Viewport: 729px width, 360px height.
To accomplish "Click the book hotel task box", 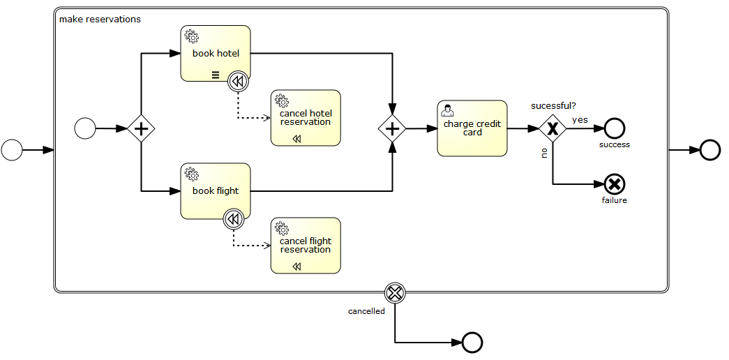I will click(216, 53).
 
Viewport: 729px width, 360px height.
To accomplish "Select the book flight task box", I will click(216, 190).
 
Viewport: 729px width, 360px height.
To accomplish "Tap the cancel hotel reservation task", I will click(306, 118).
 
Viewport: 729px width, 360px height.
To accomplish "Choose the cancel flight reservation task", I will click(306, 246).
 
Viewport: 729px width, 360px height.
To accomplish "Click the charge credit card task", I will click(472, 128).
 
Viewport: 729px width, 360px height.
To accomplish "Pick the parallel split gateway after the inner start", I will click(141, 129).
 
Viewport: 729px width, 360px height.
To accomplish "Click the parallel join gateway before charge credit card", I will click(392, 129).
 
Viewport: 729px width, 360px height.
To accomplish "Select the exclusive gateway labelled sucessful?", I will click(553, 128).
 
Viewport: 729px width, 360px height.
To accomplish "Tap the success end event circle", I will click(614, 128).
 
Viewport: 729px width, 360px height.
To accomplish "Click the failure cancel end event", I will click(614, 185).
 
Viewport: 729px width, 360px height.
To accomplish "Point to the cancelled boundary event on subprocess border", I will click(395, 292).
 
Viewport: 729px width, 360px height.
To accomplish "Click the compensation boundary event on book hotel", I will click(237, 82).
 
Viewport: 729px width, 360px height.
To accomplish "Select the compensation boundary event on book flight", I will click(233, 220).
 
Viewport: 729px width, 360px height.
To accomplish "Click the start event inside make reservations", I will click(85, 128).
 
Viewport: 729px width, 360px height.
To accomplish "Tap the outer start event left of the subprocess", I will click(12, 150).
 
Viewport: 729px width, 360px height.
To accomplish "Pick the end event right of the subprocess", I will click(709, 150).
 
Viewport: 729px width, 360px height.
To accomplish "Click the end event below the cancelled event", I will click(472, 343).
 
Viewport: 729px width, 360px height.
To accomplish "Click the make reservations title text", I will click(100, 19).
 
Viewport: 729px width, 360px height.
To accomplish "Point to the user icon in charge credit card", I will click(448, 111).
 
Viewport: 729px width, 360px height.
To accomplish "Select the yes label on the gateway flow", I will click(580, 119).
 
